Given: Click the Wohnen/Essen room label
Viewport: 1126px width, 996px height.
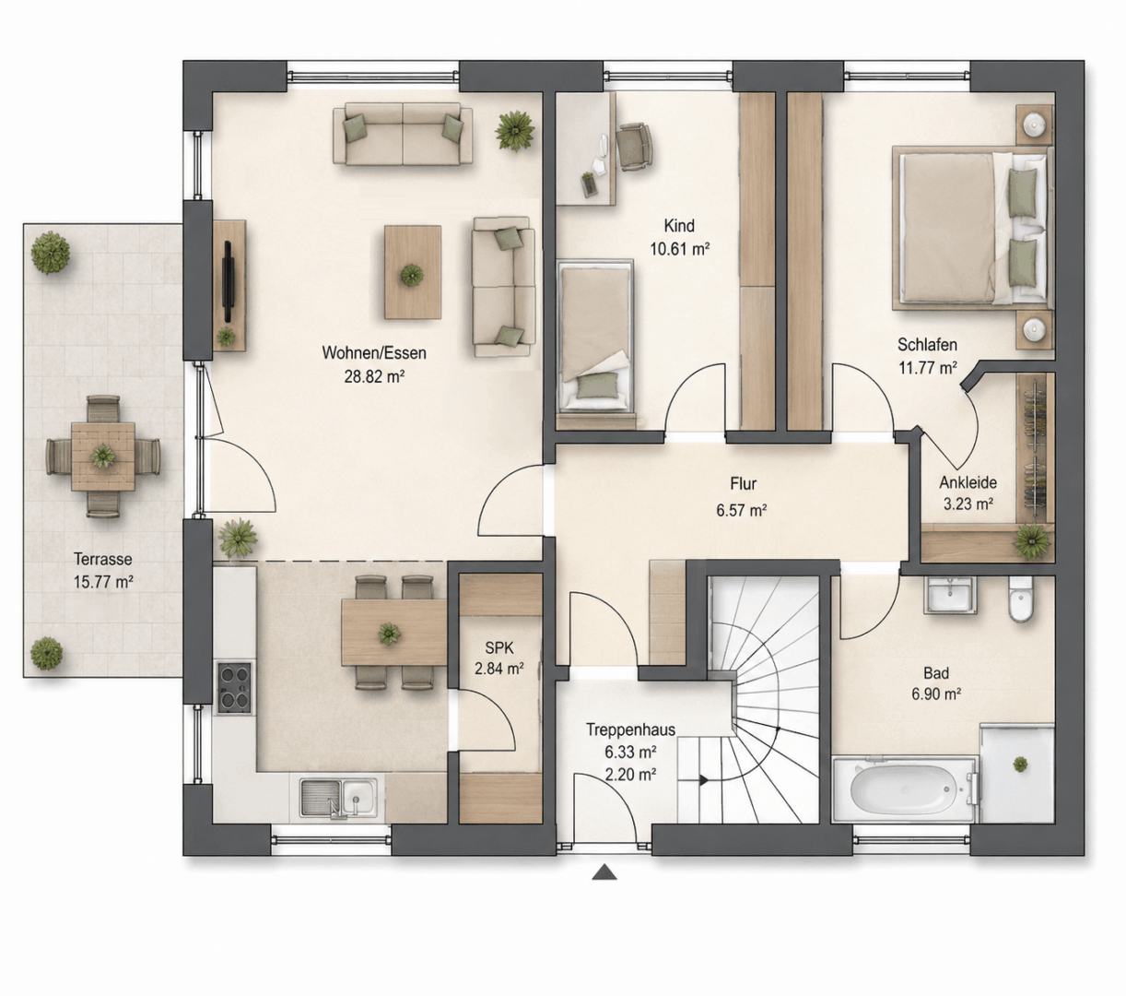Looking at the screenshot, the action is point(374,353).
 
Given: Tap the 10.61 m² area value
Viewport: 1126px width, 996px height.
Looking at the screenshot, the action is point(680,249).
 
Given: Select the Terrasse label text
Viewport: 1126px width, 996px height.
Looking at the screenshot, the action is point(103,559).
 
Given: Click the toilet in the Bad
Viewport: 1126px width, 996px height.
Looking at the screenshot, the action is point(1020,599).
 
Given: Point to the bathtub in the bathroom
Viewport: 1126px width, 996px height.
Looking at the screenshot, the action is point(905,788).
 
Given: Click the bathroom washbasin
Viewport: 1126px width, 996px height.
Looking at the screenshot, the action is point(951,595).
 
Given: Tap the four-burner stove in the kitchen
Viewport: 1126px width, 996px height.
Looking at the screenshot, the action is point(235,688).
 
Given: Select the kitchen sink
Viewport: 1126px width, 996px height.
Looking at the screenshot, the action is point(338,798).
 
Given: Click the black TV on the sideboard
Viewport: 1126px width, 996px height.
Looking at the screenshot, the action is point(228,280).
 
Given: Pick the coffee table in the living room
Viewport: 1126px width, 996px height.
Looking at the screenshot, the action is point(413,272).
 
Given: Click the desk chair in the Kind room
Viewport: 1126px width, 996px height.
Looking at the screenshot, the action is point(635,147).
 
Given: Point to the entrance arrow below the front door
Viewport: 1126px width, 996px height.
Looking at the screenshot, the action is point(604,872).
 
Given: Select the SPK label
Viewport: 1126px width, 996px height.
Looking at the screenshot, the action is point(499,647).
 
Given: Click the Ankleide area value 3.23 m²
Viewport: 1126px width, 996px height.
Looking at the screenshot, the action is point(968,504).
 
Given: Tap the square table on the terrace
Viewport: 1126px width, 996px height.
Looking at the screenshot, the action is point(103,456).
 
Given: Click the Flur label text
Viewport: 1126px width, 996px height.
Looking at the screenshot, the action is point(743,484).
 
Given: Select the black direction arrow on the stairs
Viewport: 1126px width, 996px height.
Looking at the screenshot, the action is point(704,780).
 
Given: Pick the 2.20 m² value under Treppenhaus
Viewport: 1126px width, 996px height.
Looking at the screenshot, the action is point(630,774).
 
